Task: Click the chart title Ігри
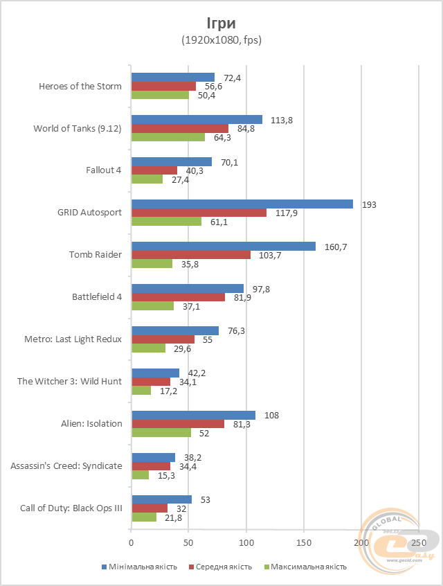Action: pos(221,21)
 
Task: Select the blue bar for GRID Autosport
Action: pos(242,204)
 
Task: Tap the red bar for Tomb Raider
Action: pos(191,255)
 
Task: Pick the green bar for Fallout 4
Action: pos(147,179)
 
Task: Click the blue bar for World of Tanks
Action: pos(197,120)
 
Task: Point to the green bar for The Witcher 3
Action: pos(141,391)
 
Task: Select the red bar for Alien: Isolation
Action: pos(178,424)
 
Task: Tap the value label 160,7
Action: pos(334,246)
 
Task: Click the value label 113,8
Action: pos(281,120)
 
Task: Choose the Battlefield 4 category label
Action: pos(97,297)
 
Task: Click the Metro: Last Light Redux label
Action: pos(73,339)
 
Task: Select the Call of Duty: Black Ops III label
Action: pos(71,508)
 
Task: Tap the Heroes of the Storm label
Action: pos(80,87)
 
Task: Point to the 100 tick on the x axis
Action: pos(246,542)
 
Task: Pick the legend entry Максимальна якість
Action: pos(304,567)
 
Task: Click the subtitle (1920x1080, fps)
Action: pos(221,40)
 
